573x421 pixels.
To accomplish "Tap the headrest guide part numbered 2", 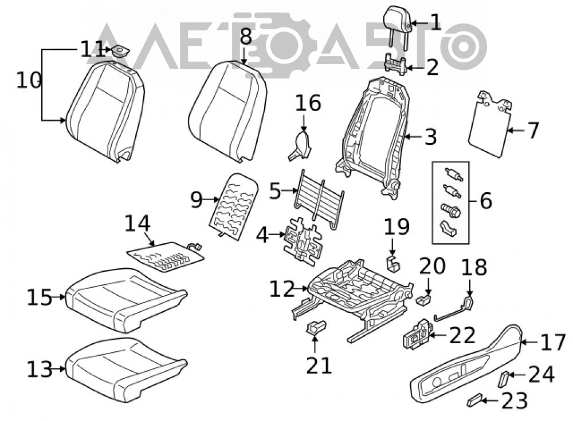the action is pos(396,64).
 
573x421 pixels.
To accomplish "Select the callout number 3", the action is pos(430,137).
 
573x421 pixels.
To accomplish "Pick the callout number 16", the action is pos(308,103).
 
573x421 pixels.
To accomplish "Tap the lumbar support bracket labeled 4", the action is pos(304,240).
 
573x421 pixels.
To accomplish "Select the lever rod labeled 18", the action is pos(453,311).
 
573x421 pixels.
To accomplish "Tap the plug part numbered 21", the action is pos(315,327).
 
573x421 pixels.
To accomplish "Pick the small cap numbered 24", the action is pos(503,379).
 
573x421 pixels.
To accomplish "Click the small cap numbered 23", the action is pos(474,400).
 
